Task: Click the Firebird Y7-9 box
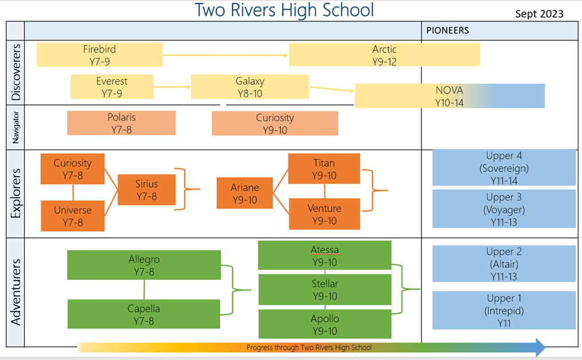click(x=99, y=55)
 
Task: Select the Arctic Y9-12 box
click(x=384, y=55)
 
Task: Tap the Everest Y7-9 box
click(x=112, y=87)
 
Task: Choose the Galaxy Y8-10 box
click(x=250, y=87)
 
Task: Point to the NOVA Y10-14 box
click(x=450, y=96)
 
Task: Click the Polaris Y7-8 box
click(x=122, y=123)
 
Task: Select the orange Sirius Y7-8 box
click(x=147, y=190)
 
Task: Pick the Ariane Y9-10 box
click(x=245, y=193)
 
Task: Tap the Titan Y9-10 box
click(x=324, y=169)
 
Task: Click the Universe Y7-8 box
click(x=73, y=216)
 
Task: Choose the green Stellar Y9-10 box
click(x=325, y=289)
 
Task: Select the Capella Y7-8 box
click(x=144, y=314)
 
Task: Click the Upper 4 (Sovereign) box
click(x=504, y=168)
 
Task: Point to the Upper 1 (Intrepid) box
click(x=504, y=310)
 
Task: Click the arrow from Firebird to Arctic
click(x=226, y=55)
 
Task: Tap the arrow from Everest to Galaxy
click(x=172, y=87)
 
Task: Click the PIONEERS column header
click(x=448, y=30)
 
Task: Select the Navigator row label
click(x=15, y=127)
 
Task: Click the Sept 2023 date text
click(x=540, y=14)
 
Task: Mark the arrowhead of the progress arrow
click(x=541, y=347)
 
